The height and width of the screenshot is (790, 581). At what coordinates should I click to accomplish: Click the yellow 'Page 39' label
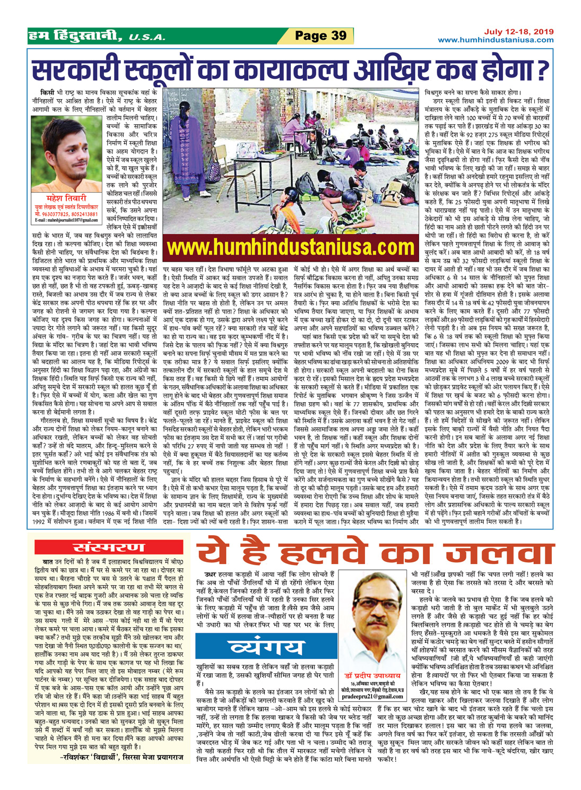coord(320,36)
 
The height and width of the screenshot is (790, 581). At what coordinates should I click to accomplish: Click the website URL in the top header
coord(496,40)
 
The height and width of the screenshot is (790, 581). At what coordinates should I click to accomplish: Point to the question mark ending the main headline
coord(541,70)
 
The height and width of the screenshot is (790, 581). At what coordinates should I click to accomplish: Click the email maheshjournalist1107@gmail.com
coord(66,220)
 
